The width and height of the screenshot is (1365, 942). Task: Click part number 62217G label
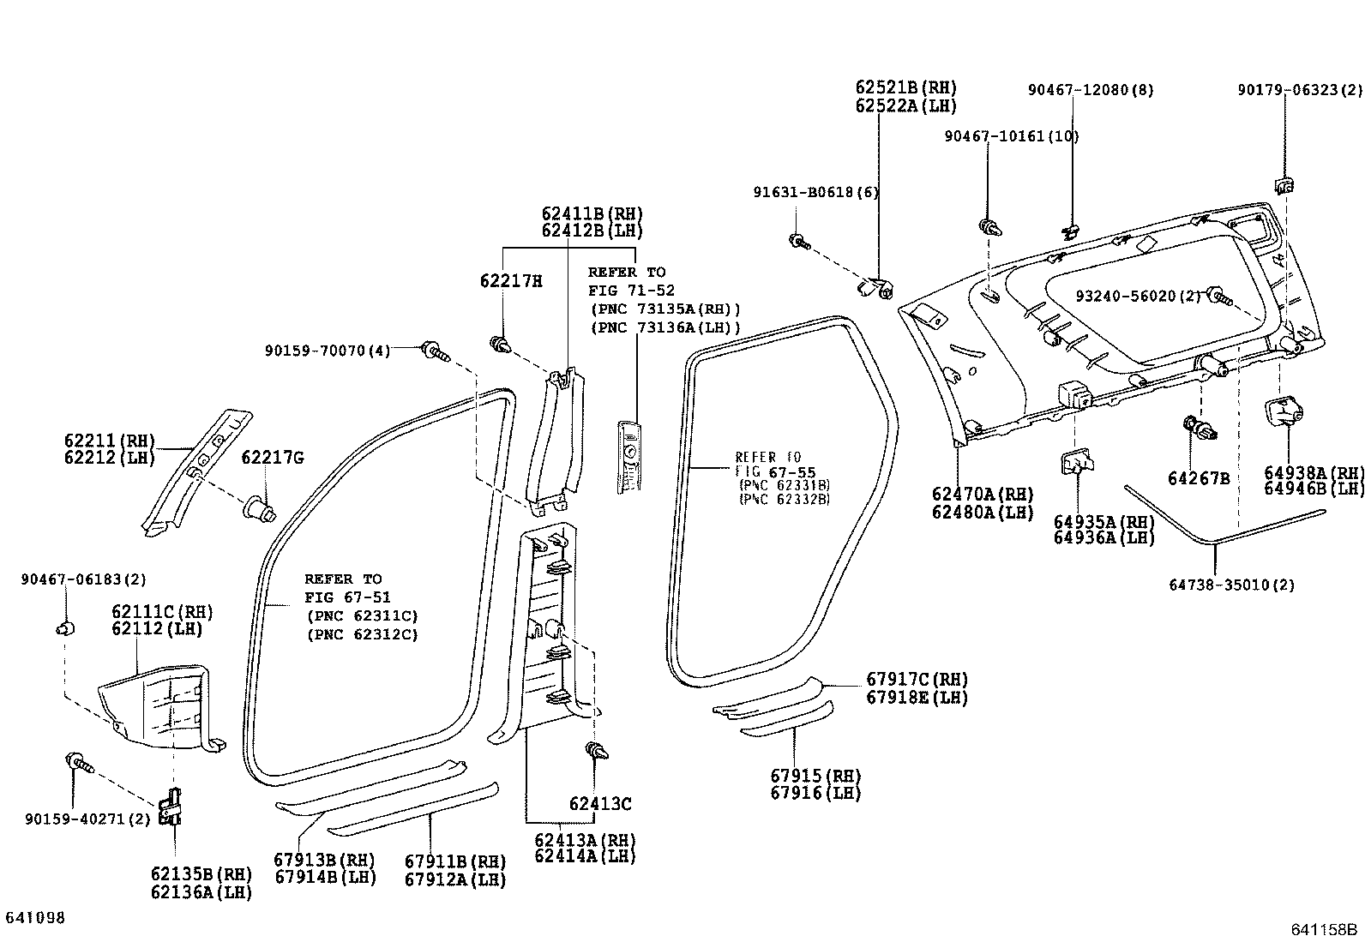272,458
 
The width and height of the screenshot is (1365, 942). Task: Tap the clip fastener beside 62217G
260,509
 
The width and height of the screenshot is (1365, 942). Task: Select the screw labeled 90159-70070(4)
436,351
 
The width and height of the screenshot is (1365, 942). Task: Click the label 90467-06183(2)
84,580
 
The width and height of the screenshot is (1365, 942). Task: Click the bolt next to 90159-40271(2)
77,761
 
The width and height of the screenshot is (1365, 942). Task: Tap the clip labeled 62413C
598,753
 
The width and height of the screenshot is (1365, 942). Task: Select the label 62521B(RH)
905,87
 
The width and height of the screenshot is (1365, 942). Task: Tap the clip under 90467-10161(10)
990,228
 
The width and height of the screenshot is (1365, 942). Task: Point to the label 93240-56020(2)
1138,296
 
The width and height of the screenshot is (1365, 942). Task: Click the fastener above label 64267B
1199,428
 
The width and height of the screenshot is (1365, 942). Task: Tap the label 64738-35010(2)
1231,585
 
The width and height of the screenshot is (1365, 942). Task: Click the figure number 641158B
1325,930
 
